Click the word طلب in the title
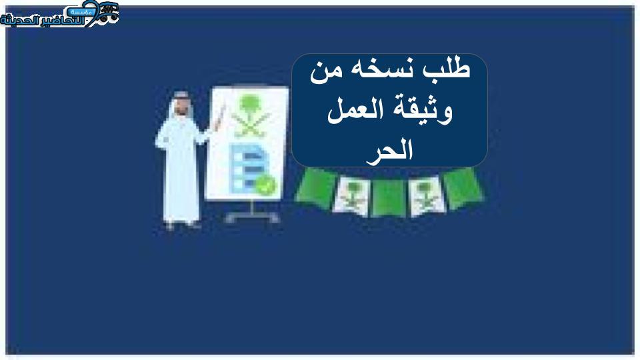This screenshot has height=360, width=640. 447,68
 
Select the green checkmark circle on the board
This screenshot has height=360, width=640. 266,185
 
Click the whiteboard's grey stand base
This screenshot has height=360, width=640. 252,216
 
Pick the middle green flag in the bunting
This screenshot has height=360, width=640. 389,199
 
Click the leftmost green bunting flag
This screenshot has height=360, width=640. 316,189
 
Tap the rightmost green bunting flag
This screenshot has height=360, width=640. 463,188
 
